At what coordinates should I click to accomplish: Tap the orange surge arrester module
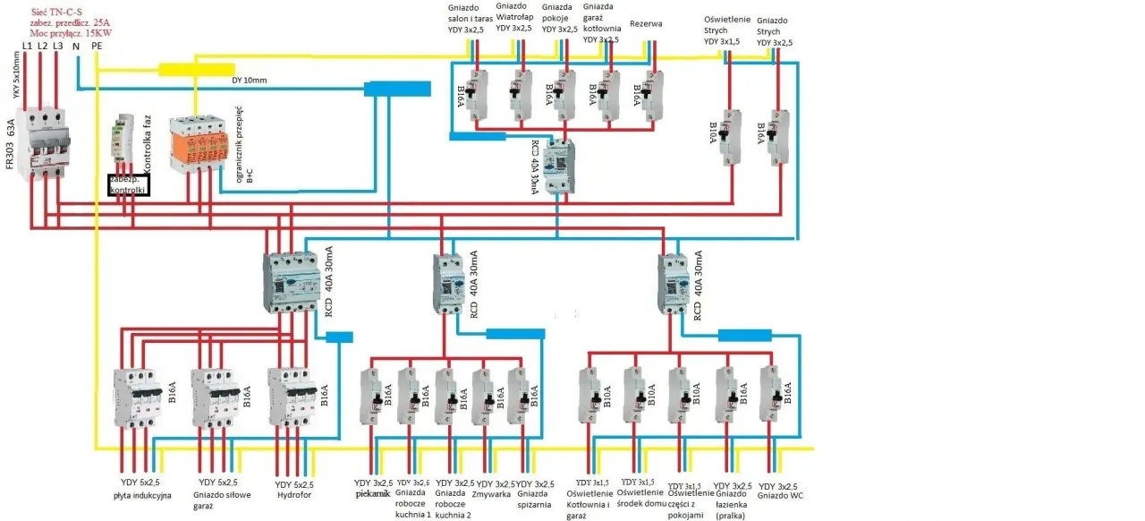pos(196,143)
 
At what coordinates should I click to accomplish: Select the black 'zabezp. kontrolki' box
pos(129,184)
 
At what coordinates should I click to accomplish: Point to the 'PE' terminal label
pos(97,46)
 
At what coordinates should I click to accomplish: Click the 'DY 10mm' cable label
pos(249,81)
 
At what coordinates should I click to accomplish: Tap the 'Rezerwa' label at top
pos(646,24)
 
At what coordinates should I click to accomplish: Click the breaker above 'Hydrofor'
pos(293,398)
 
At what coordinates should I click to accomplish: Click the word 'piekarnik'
pos(373,492)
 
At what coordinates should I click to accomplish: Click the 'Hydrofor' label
pos(293,494)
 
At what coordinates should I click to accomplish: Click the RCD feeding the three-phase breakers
pos(292,282)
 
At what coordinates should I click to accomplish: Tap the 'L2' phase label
pos(42,46)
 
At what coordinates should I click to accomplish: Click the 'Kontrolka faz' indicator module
pos(123,143)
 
